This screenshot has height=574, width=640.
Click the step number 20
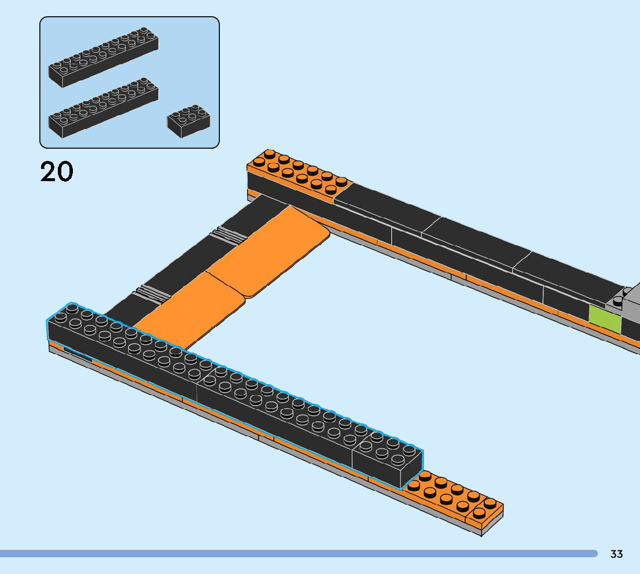pos(57,171)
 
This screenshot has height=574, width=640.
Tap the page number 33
pos(616,554)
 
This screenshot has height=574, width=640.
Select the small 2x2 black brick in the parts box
pos(189,122)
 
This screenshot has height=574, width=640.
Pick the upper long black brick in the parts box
pos(103,57)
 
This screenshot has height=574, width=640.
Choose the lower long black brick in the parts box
pos(103,108)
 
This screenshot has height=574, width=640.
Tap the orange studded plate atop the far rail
pos(299,175)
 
